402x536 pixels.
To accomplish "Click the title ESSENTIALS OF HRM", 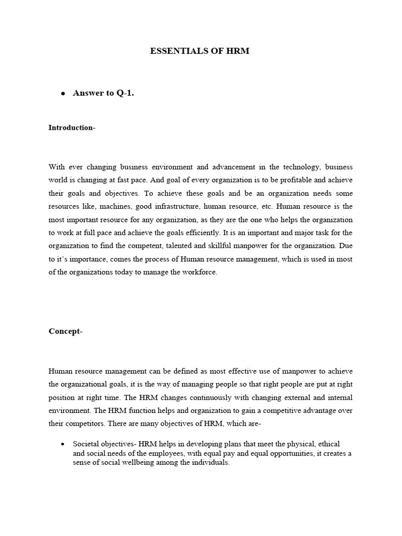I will tap(200, 52).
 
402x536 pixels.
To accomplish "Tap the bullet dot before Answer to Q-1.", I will tap(63, 94).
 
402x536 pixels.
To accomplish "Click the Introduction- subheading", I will tap(72, 128).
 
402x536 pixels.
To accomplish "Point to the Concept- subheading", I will tap(66, 331).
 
